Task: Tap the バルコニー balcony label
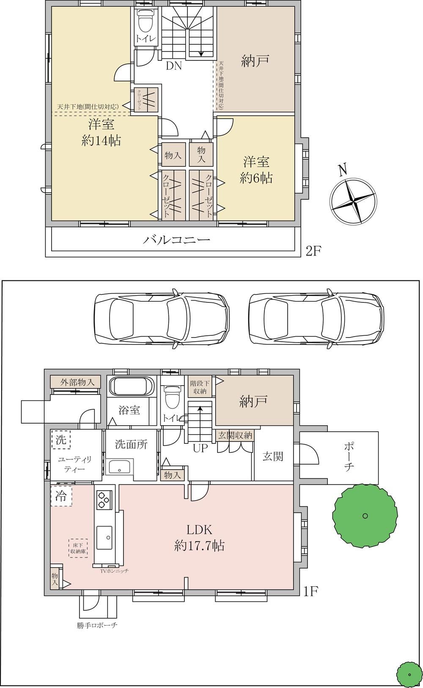(176, 239)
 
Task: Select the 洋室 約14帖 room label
(101, 132)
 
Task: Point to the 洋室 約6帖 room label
(256, 170)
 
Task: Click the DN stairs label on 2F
(174, 66)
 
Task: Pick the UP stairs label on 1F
(201, 448)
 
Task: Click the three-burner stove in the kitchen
(104, 500)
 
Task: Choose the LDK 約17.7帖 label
(199, 537)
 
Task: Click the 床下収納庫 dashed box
(78, 548)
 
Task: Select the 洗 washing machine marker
(61, 440)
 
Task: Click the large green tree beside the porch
(365, 516)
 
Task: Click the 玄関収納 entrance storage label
(235, 435)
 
